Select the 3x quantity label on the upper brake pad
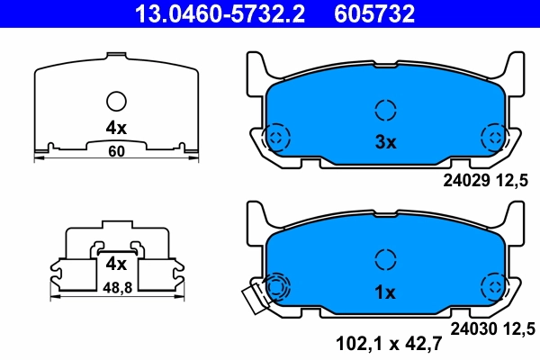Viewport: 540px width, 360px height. pos(385,141)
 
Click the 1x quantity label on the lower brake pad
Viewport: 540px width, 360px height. pos(385,292)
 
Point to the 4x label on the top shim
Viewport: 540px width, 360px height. pos(116,129)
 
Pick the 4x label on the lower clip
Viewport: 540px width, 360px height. pos(115,264)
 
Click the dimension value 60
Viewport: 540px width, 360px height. pos(116,151)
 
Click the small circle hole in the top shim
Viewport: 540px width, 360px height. pos(116,102)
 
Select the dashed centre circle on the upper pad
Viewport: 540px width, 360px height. pos(385,110)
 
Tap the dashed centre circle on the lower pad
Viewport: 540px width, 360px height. pos(385,260)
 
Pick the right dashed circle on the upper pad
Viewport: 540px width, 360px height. pos(493,138)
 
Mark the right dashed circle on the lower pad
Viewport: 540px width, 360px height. pos(493,288)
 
